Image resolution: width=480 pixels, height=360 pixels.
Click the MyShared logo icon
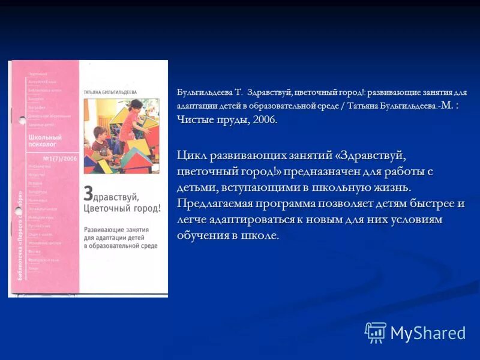(x=375, y=332)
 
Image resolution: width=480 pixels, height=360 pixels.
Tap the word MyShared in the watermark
(x=428, y=333)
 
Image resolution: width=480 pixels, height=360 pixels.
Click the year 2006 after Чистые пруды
(x=264, y=119)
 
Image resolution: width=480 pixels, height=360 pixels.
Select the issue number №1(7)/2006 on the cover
(x=61, y=158)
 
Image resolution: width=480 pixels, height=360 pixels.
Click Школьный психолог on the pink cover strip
(x=45, y=141)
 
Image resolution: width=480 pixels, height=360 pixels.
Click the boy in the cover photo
(x=101, y=150)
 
